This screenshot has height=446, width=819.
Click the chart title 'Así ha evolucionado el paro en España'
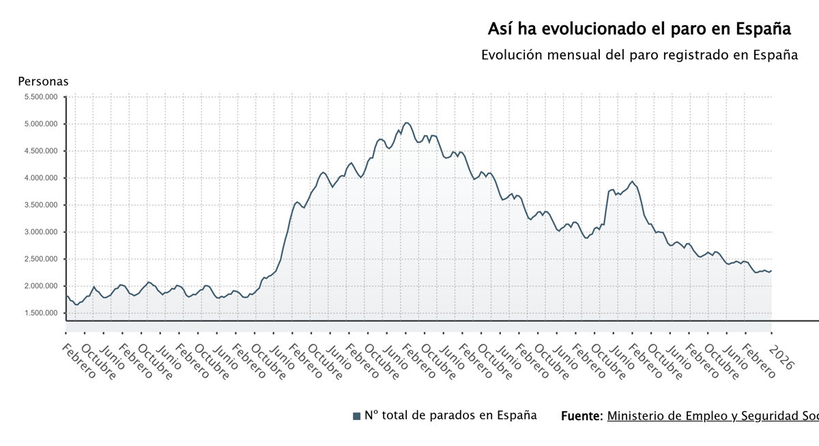(x=639, y=29)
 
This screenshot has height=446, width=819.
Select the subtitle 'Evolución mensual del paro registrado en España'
(x=639, y=55)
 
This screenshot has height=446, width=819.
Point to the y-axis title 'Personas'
(x=43, y=82)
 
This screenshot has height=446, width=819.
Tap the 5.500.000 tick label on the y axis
(x=41, y=97)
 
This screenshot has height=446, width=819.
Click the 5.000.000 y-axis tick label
(x=41, y=124)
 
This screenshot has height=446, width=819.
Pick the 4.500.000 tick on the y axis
(x=41, y=151)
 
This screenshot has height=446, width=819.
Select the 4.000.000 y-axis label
(x=41, y=178)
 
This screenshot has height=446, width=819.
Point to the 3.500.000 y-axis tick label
(x=41, y=205)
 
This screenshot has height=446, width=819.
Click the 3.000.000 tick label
(x=41, y=232)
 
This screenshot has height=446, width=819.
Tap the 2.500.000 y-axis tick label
(x=41, y=259)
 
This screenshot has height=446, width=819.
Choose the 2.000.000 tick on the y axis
(x=41, y=286)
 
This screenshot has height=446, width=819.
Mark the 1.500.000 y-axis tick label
(x=41, y=313)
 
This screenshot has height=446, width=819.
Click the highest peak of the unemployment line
(x=407, y=123)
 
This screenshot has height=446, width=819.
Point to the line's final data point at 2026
(x=771, y=271)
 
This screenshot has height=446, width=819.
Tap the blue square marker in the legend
(x=356, y=416)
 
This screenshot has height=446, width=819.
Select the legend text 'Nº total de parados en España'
(x=450, y=415)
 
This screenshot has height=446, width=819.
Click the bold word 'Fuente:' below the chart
(x=581, y=416)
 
